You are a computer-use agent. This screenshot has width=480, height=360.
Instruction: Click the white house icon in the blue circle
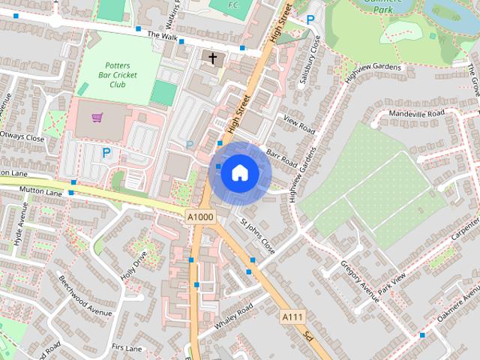click(x=240, y=172)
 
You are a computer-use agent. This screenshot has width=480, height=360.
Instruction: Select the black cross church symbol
click(x=212, y=58)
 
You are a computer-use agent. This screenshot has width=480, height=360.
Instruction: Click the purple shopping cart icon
click(x=97, y=118)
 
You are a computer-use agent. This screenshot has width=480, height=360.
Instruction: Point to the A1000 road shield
click(x=199, y=217)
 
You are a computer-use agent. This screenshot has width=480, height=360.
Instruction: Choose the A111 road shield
click(x=293, y=317)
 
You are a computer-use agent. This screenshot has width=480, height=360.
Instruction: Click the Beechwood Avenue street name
click(x=85, y=295)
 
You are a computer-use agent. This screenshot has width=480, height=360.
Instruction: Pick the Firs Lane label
click(x=126, y=348)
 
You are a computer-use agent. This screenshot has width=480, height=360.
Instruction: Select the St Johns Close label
click(x=256, y=235)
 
